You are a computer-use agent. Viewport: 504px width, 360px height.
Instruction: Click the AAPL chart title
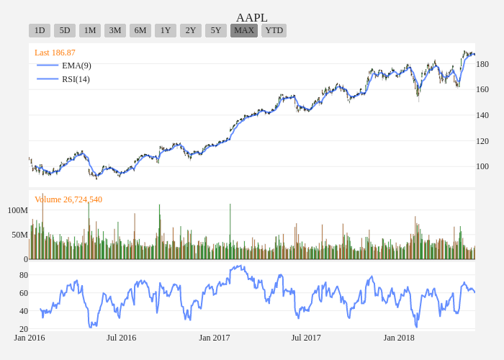click(x=252, y=17)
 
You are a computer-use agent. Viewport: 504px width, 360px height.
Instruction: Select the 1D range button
click(x=40, y=30)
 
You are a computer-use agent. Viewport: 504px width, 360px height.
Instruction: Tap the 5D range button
click(x=65, y=30)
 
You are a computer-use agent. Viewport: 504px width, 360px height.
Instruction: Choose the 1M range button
click(x=90, y=30)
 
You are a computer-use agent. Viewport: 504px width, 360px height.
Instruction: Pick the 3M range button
click(x=115, y=30)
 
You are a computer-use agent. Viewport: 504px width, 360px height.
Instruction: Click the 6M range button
click(x=140, y=30)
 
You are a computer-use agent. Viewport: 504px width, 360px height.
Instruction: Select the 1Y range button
click(x=166, y=30)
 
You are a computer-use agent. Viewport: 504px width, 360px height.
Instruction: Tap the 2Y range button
click(x=191, y=30)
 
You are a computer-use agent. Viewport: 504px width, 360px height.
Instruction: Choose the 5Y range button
click(x=216, y=30)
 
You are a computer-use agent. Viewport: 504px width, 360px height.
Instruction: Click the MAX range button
click(x=244, y=30)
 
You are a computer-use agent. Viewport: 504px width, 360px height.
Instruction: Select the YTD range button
click(x=274, y=30)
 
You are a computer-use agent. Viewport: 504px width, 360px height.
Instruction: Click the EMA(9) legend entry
click(x=76, y=66)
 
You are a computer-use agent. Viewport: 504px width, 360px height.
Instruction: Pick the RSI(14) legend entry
click(x=76, y=79)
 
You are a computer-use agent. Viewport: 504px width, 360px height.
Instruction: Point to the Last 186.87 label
click(x=55, y=53)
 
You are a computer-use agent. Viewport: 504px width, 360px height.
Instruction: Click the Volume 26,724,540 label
click(x=68, y=199)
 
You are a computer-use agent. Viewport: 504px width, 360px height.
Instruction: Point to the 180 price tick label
click(x=482, y=64)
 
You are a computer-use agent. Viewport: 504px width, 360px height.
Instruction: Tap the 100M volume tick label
click(x=18, y=210)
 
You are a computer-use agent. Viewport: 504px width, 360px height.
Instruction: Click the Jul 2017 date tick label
click(x=306, y=338)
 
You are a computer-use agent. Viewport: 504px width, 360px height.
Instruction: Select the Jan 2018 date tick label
click(x=399, y=338)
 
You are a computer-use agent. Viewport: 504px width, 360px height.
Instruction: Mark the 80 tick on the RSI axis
click(x=24, y=275)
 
